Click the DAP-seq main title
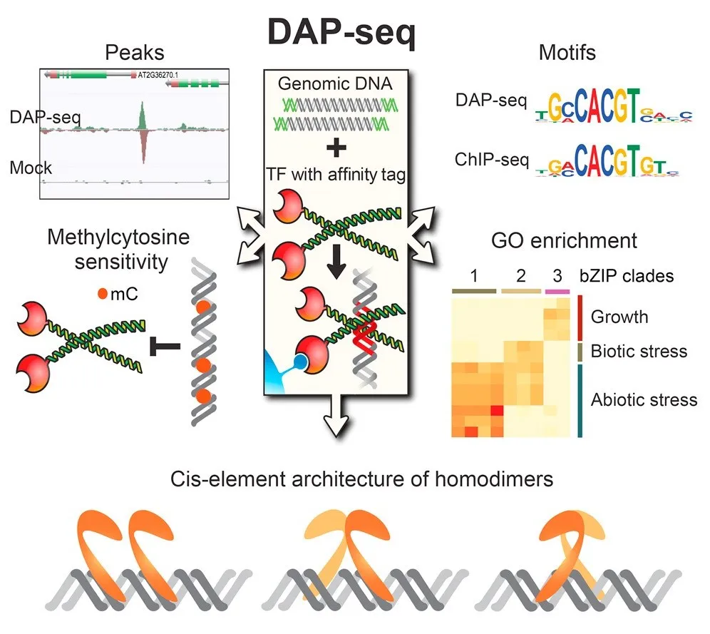[x=340, y=32]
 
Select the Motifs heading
[x=567, y=52]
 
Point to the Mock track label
[x=31, y=168]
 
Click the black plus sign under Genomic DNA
[x=335, y=148]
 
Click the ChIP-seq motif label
[x=491, y=160]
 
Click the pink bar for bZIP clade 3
[x=557, y=291]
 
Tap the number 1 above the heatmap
[x=473, y=275]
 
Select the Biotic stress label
[x=639, y=351]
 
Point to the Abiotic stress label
[x=644, y=399]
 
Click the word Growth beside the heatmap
[x=619, y=316]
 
